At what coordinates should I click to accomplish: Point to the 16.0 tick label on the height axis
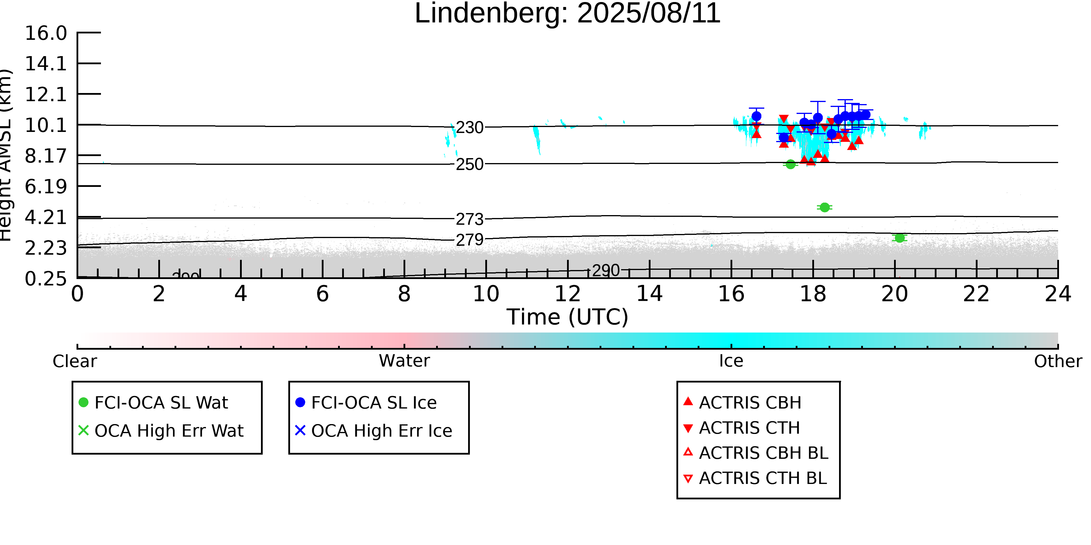(x=46, y=33)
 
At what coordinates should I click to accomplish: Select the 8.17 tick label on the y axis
(x=46, y=156)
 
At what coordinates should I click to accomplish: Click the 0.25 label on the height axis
(x=46, y=279)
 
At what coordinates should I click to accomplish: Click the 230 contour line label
(x=469, y=127)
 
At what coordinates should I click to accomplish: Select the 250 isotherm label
(x=469, y=164)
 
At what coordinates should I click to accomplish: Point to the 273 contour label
(x=469, y=219)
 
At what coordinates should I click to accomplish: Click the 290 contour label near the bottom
(x=606, y=270)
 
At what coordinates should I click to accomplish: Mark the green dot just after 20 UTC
(x=900, y=238)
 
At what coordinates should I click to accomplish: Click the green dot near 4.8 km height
(x=824, y=207)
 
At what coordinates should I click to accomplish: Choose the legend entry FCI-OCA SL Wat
(x=161, y=402)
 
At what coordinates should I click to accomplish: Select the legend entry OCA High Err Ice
(x=381, y=431)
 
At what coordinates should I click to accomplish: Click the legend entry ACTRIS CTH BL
(x=762, y=478)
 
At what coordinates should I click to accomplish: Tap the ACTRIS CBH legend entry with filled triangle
(x=750, y=402)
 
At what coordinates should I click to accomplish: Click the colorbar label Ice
(x=731, y=361)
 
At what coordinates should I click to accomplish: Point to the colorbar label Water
(x=404, y=361)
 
